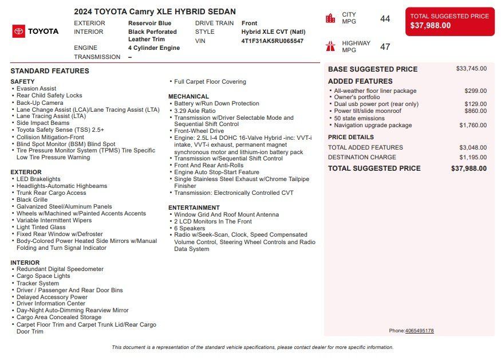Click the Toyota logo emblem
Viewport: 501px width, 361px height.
coord(18,32)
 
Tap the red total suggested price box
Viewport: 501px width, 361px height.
coord(449,21)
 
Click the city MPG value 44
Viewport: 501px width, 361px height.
coord(385,19)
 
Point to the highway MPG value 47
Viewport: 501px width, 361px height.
coord(385,47)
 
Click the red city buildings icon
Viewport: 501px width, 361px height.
coord(330,18)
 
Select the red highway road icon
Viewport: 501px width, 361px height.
coord(330,46)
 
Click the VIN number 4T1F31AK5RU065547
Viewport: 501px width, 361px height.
coord(273,41)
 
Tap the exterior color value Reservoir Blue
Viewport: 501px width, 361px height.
coord(149,23)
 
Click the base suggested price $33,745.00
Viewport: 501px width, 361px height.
coord(471,69)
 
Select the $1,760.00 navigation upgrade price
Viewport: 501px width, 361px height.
coord(472,125)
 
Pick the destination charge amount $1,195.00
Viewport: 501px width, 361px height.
coord(472,157)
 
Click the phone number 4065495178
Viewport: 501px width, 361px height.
coord(419,331)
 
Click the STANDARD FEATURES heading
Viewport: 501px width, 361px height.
coord(50,71)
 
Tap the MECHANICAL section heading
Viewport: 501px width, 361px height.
coord(188,96)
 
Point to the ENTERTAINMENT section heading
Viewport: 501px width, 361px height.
coord(194,207)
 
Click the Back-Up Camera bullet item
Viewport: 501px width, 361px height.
coord(40,103)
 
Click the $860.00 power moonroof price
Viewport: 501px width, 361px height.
coord(475,111)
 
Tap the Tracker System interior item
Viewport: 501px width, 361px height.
coord(38,283)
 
